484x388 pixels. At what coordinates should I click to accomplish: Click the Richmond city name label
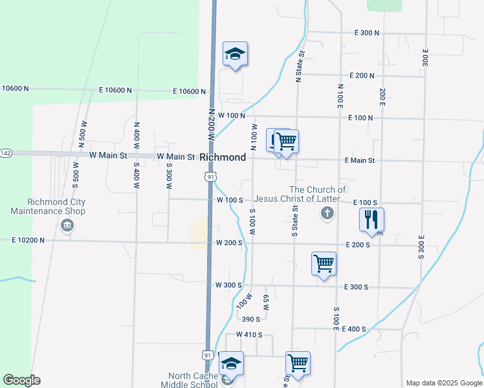coord(223,157)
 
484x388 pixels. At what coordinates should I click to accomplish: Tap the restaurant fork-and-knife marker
coord(372,220)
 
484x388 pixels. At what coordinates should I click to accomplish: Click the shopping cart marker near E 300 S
coord(324,264)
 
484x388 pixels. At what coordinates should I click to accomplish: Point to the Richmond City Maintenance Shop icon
coord(67,226)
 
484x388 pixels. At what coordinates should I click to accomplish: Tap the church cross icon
coord(327,213)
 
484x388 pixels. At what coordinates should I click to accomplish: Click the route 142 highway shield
coord(6,153)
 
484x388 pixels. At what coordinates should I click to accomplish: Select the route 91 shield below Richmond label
coord(210,177)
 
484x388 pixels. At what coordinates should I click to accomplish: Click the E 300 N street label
coord(366,32)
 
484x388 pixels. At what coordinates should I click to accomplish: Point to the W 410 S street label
coord(249,334)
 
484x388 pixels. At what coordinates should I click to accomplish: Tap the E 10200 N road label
coord(28,240)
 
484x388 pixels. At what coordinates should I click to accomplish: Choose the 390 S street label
coord(250,319)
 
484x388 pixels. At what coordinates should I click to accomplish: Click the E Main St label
coord(360,160)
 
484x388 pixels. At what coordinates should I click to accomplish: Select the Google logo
coord(21,380)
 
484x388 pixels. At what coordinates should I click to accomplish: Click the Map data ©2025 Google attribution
coord(443,383)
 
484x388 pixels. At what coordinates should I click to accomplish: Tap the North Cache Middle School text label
coord(193,380)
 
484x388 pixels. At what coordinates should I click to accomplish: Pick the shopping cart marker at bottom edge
coord(298,363)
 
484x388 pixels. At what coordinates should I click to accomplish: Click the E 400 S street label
coord(353,329)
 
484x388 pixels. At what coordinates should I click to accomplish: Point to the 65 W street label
coord(266,301)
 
